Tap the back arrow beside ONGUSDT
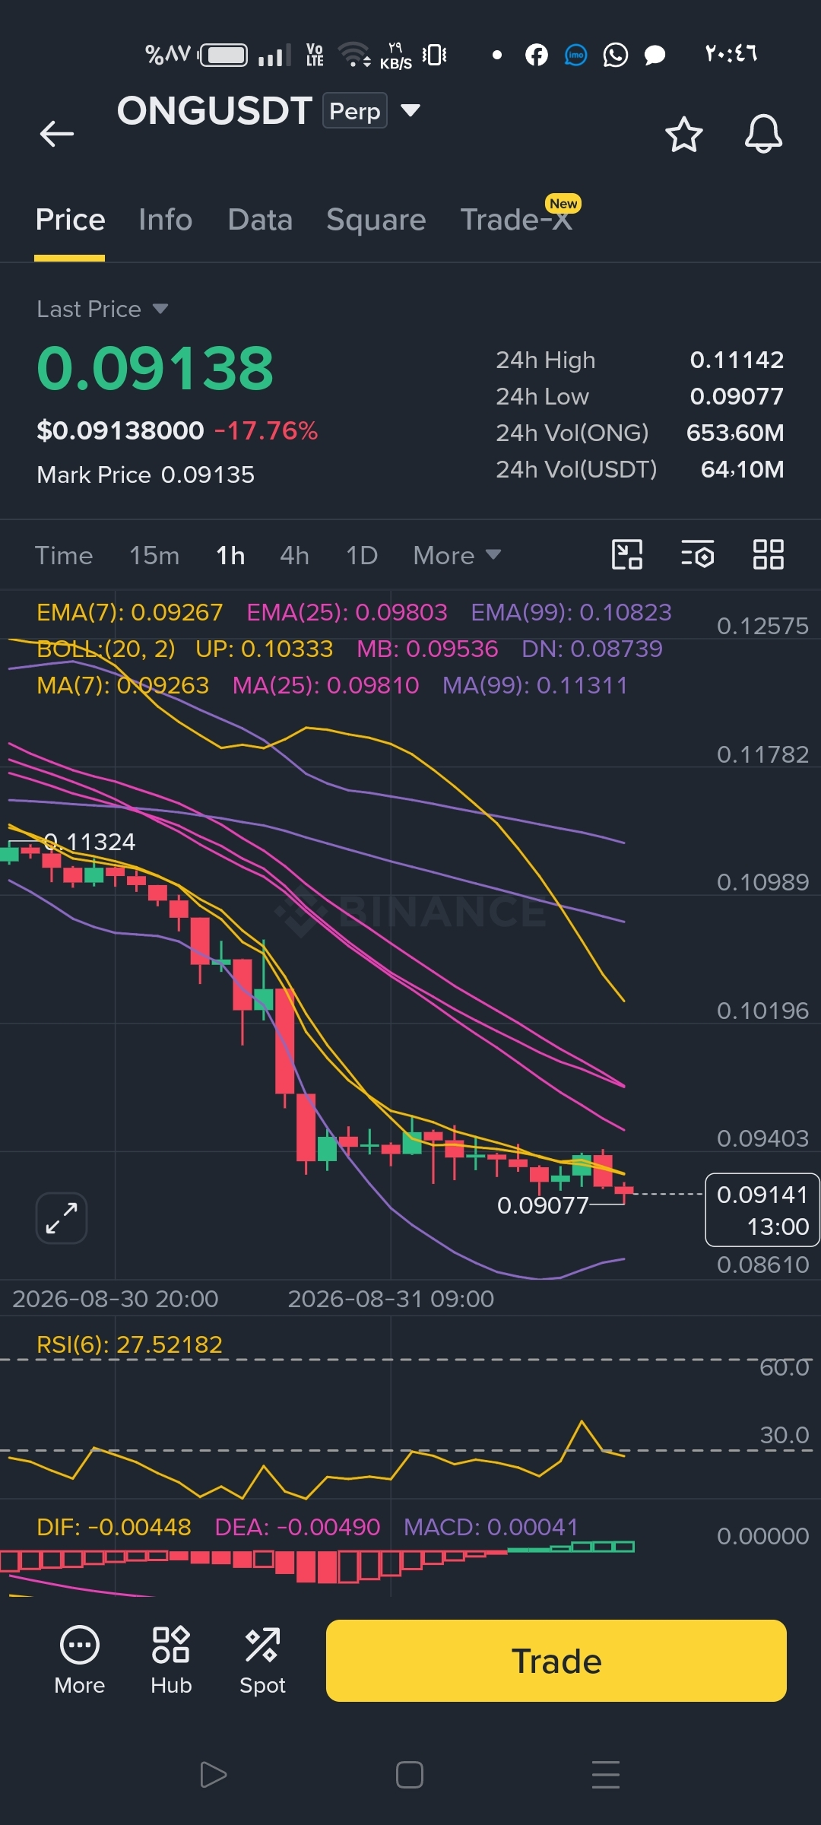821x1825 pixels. pyautogui.click(x=57, y=134)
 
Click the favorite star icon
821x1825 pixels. pyautogui.click(x=684, y=135)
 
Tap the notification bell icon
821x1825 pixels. pyautogui.click(x=763, y=134)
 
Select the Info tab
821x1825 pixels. pyautogui.click(x=166, y=220)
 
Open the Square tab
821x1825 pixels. pyautogui.click(x=376, y=221)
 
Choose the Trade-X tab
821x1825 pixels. pyautogui.click(x=517, y=220)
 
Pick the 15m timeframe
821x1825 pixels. pyautogui.click(x=154, y=556)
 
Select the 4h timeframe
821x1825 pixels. pyautogui.click(x=294, y=556)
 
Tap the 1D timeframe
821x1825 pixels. pyautogui.click(x=362, y=556)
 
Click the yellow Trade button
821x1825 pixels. pyautogui.click(x=556, y=1661)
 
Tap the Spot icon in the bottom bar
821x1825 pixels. pyautogui.click(x=262, y=1661)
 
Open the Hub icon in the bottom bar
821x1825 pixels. pyautogui.click(x=171, y=1661)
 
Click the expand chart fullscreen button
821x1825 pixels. pyautogui.click(x=62, y=1218)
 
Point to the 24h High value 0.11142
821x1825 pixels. pyautogui.click(x=737, y=360)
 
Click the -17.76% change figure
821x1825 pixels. pyautogui.click(x=266, y=431)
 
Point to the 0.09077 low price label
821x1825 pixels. pyautogui.click(x=543, y=1205)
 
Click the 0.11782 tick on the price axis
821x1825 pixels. pyautogui.click(x=762, y=754)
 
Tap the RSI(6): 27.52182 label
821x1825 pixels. pyautogui.click(x=129, y=1344)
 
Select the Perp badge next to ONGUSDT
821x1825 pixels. pyautogui.click(x=355, y=111)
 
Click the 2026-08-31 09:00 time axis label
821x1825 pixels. pyautogui.click(x=391, y=1299)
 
